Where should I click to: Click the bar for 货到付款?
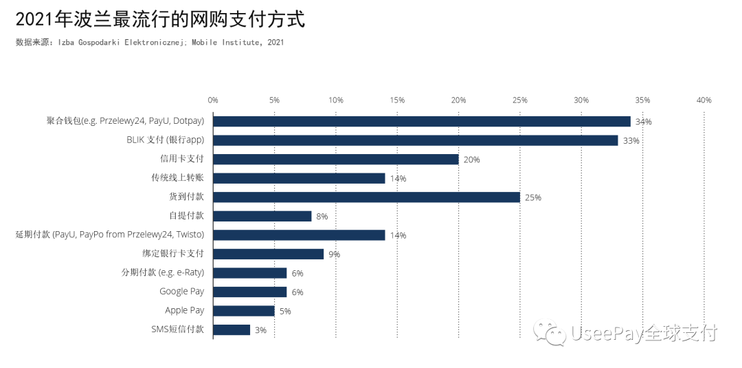click(x=366, y=197)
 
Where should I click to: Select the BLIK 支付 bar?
click(x=415, y=140)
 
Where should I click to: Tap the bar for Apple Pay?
click(x=243, y=311)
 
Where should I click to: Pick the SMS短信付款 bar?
click(x=231, y=329)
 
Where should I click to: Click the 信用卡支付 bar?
click(x=335, y=159)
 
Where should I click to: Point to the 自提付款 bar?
click(x=262, y=216)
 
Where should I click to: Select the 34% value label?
click(x=643, y=122)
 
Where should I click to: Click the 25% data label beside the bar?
click(x=533, y=197)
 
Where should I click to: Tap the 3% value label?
click(x=260, y=330)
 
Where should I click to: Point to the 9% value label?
click(x=334, y=255)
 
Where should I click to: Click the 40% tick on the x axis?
click(x=704, y=100)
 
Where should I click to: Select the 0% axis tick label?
click(x=213, y=100)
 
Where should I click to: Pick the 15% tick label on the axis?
click(x=397, y=100)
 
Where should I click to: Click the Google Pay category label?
click(x=181, y=292)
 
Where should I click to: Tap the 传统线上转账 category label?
click(x=177, y=178)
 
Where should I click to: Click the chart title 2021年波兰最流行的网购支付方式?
click(x=159, y=19)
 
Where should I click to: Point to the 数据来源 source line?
click(x=149, y=43)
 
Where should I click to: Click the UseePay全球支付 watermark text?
click(x=643, y=334)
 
